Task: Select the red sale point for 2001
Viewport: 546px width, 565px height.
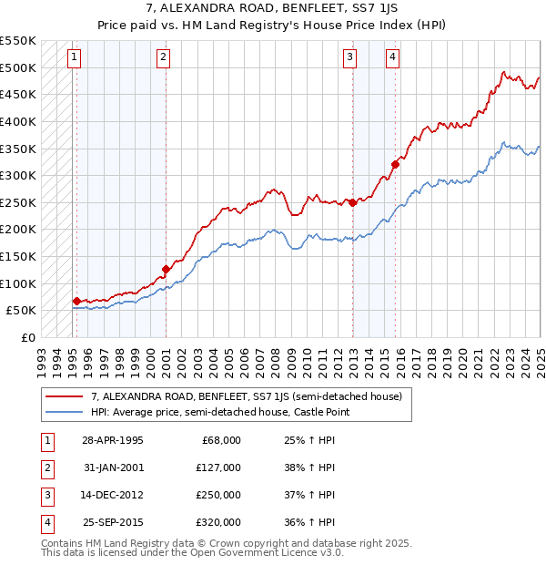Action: (x=167, y=269)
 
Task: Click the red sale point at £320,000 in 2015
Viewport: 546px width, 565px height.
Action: (x=395, y=165)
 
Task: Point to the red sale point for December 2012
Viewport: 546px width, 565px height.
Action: (x=352, y=202)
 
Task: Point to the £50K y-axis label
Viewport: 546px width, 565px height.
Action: (x=21, y=311)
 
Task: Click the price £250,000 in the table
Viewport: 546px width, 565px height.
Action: (x=218, y=495)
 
